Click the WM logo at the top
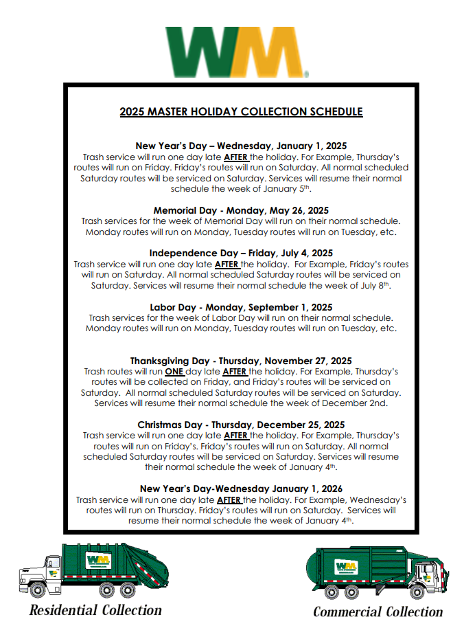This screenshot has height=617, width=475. click(237, 52)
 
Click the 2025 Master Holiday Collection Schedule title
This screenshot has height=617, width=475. click(241, 111)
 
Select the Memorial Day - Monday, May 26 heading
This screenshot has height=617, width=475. click(241, 210)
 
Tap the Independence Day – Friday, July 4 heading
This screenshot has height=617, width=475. click(241, 253)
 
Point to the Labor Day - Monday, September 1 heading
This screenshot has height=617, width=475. click(241, 307)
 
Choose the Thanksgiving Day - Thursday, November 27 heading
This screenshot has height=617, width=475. click(241, 360)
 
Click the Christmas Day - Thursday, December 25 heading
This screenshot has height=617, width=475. click(241, 425)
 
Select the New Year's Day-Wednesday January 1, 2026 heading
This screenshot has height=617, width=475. click(241, 489)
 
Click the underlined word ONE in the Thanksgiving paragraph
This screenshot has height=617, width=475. click(174, 371)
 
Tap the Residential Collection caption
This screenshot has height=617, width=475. click(95, 609)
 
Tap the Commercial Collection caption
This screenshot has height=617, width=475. click(378, 611)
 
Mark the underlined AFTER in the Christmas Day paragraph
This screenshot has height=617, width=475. click(236, 436)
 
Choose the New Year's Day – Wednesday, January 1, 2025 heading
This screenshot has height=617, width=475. click(241, 146)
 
